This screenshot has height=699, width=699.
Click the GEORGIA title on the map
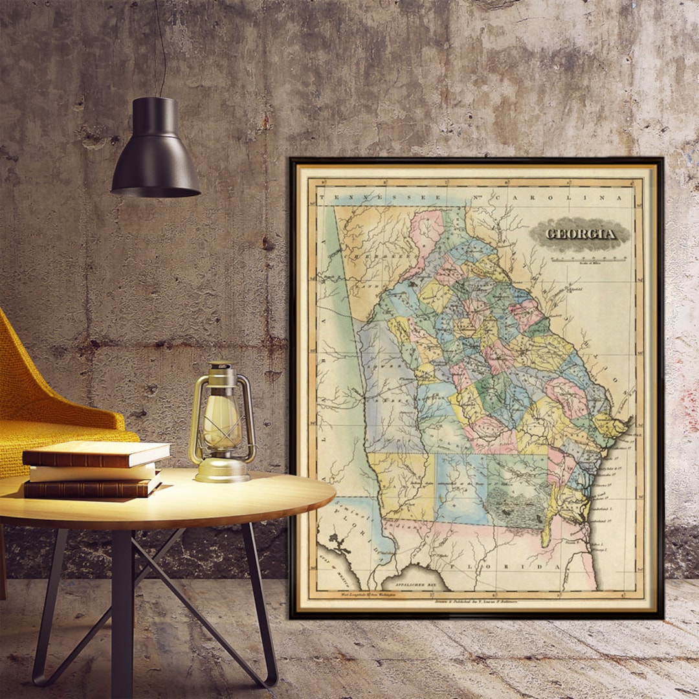tap(580, 233)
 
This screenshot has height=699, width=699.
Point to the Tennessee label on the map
tap(376, 197)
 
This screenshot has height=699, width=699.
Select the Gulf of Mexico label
tap(328, 569)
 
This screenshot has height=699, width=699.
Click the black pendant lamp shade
tap(155, 149)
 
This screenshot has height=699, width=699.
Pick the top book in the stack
tap(97, 453)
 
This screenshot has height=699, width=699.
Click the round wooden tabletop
tap(194, 498)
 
